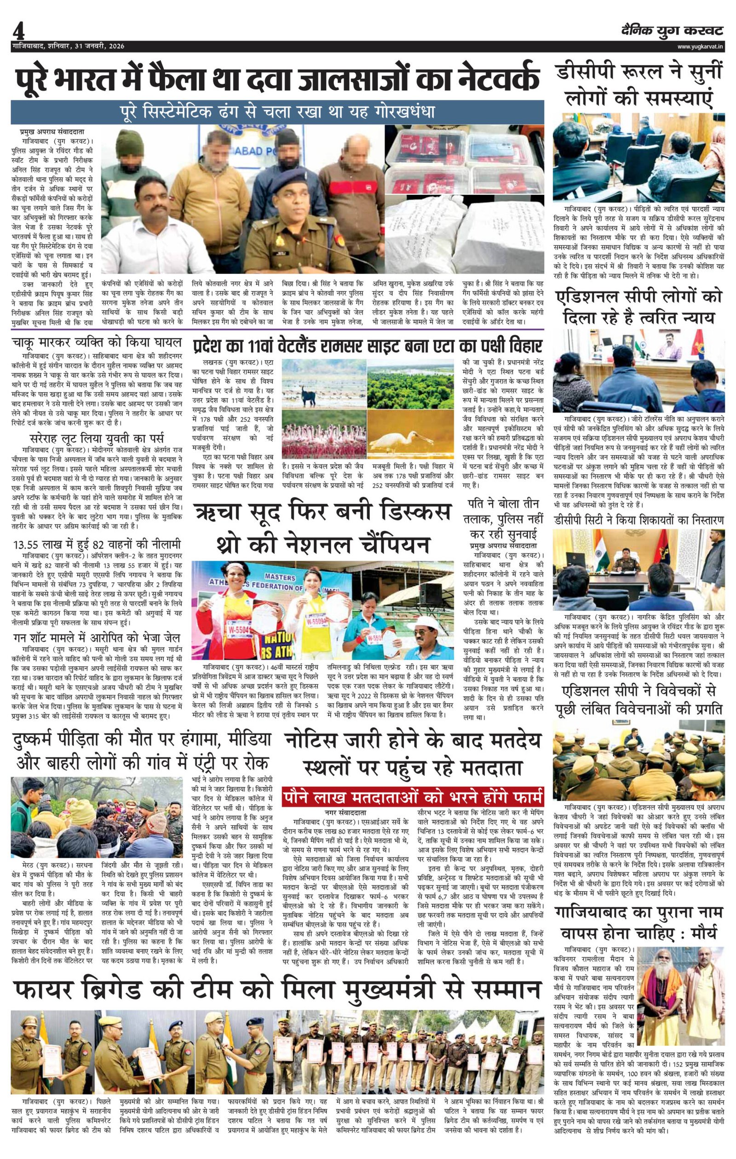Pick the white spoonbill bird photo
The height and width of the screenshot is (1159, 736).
[x=409, y=436]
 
